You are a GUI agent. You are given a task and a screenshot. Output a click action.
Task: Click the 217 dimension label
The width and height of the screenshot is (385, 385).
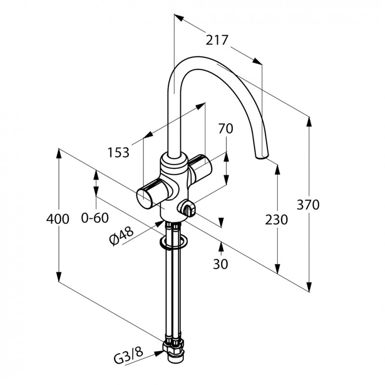pos(217,40)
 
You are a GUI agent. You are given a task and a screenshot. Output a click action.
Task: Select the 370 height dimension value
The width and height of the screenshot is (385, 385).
pos(308,205)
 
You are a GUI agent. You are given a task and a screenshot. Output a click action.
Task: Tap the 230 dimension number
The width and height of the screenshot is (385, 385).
pos(276,219)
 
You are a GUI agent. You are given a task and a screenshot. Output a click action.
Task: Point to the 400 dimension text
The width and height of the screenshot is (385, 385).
pos(58,218)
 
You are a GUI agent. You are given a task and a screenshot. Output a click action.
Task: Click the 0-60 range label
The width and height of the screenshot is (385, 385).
pos(95,218)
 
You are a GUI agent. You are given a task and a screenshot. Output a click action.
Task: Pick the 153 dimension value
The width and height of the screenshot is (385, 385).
pos(118,152)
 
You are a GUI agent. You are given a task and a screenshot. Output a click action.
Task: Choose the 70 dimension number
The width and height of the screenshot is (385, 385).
pos(226,128)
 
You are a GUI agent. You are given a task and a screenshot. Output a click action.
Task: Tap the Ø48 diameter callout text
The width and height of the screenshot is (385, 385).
pos(122,235)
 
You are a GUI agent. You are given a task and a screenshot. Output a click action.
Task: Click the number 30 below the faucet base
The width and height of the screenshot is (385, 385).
pos(220,264)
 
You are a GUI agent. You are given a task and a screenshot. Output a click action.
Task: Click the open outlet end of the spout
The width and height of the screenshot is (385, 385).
pos(262,156)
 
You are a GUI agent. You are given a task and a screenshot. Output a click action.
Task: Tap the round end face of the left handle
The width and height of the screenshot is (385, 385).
pos(145,199)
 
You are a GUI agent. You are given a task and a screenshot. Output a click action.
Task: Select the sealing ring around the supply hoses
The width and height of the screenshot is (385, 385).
pos(173,243)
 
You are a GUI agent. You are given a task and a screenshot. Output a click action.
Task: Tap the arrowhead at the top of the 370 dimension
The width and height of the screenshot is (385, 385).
pos(309,122)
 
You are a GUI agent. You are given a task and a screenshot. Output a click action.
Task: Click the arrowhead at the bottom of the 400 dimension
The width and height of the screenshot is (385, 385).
pos(58,276)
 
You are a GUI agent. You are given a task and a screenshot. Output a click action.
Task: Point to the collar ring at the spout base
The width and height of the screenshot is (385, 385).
pos(174,163)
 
